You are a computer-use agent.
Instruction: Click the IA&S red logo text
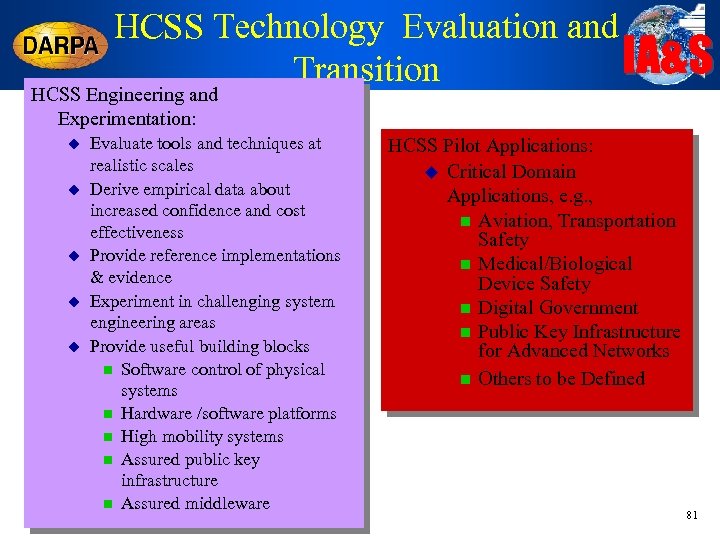(668, 56)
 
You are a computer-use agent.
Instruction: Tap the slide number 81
(691, 515)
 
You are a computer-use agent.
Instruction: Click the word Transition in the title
(366, 70)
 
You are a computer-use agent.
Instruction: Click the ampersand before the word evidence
(97, 278)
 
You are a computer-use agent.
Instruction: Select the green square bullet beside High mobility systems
(106, 437)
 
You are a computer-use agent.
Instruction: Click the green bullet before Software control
(106, 370)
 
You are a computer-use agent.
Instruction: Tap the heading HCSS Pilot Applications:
(490, 147)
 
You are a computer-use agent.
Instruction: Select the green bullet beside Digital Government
(464, 309)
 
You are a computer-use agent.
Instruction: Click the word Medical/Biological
(555, 264)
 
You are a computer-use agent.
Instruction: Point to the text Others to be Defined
(561, 379)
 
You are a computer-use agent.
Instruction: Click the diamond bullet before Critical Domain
(432, 172)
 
